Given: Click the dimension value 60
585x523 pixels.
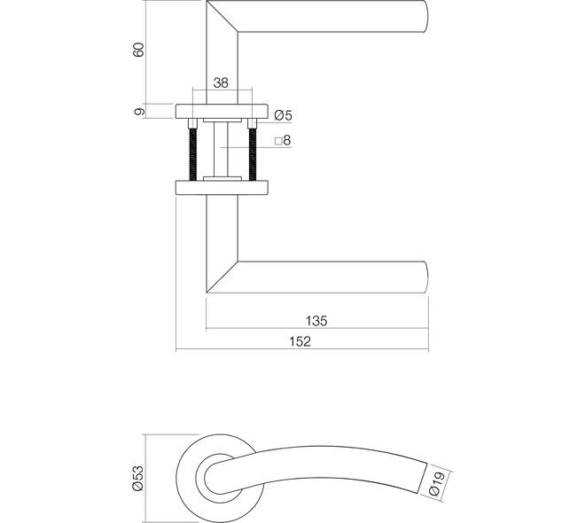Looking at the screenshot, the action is (138, 50).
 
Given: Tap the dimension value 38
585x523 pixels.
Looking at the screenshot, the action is (221, 82).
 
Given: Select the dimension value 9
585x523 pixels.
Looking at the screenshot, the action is (139, 111).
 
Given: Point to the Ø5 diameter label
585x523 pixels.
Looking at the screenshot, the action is (283, 115).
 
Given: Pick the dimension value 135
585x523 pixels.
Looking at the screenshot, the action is (316, 321).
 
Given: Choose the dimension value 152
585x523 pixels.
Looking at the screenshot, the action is (300, 341).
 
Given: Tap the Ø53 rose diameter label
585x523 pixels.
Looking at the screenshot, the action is (137, 479).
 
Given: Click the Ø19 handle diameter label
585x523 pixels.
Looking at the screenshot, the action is (437, 483).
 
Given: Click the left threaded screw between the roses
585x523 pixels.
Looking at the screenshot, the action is (192, 154).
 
